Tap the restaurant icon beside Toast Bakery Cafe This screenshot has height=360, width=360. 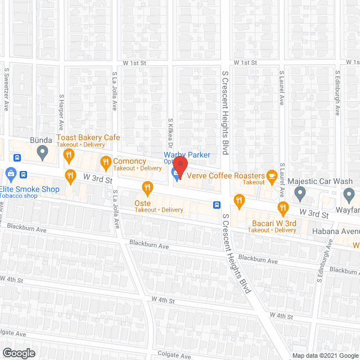69,155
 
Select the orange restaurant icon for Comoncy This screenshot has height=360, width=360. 105,163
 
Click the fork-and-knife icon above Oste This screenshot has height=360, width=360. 148,187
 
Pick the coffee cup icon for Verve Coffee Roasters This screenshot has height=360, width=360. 272,175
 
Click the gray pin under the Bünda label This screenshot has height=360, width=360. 42,152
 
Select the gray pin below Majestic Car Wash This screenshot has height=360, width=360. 300,195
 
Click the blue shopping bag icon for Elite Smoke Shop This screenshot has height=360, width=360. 10,173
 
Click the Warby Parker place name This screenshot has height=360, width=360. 187,155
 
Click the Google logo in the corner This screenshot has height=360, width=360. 19,353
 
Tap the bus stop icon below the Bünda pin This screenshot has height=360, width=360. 17,158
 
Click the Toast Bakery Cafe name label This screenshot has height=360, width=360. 88,138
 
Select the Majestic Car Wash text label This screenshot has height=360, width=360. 319,182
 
